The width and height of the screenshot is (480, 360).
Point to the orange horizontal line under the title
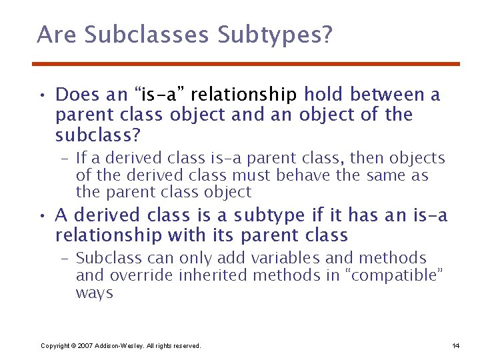tap(246, 64)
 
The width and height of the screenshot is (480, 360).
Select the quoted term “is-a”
tap(156, 95)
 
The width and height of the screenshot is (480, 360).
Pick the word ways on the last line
tap(95, 293)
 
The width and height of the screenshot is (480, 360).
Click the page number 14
tap(455, 345)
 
